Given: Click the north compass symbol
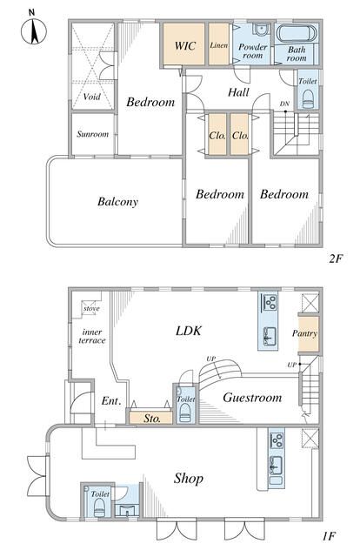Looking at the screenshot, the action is click(x=34, y=29).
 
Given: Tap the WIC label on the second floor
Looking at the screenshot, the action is click(x=185, y=45).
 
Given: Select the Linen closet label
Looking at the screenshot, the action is click(x=219, y=45).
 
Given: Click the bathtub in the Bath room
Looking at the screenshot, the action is click(x=297, y=34).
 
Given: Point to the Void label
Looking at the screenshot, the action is click(x=92, y=97).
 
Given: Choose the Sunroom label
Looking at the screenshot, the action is click(x=93, y=134).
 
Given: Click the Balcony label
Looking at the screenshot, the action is click(x=117, y=201).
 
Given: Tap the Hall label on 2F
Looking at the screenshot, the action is click(x=238, y=92).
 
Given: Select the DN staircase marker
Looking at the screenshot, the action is click(x=284, y=104).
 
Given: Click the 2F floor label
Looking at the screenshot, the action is click(x=336, y=258).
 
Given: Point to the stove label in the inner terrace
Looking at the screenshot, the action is click(x=91, y=308).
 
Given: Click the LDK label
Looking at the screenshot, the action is click(x=189, y=331).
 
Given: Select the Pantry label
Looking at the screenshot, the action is click(x=304, y=333).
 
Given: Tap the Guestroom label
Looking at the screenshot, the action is click(x=252, y=397).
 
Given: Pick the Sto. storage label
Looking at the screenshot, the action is click(x=152, y=419).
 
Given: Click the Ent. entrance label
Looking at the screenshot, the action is click(x=111, y=401).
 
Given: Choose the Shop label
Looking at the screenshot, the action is click(x=189, y=479).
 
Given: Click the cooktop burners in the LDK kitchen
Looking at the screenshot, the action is click(x=270, y=302).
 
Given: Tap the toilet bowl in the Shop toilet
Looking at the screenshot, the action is click(x=99, y=508).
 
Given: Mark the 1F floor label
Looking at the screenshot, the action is click(x=330, y=536).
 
